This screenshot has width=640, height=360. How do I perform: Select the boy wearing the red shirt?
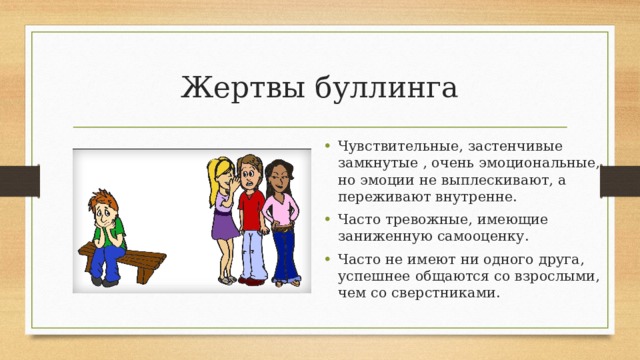(x=252, y=218)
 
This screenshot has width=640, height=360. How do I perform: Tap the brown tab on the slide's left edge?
(x=19, y=180)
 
